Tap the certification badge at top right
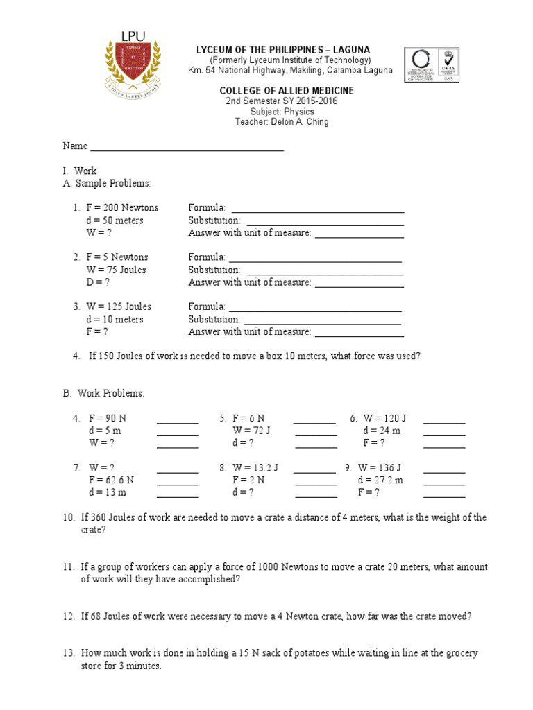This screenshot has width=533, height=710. pyautogui.click(x=431, y=64)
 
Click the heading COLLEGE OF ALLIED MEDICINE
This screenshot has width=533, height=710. pyautogui.click(x=287, y=91)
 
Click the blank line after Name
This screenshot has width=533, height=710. pyautogui.click(x=187, y=147)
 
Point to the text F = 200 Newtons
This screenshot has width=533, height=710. pyautogui.click(x=122, y=208)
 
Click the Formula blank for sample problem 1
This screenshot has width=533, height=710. pyautogui.click(x=317, y=209)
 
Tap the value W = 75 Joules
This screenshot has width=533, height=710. pyautogui.click(x=116, y=270)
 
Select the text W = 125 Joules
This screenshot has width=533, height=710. pyautogui.click(x=119, y=306)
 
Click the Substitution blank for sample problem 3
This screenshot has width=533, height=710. pyautogui.click(x=322, y=320)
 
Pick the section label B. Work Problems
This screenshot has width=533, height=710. pyautogui.click(x=103, y=393)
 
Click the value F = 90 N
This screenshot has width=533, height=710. pyautogui.click(x=108, y=419)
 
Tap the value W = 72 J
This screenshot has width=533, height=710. pyautogui.click(x=251, y=431)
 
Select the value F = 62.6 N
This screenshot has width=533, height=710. pyautogui.click(x=111, y=480)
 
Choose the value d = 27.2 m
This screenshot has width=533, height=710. pyautogui.click(x=380, y=480)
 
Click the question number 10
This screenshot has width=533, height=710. pyautogui.click(x=68, y=518)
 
